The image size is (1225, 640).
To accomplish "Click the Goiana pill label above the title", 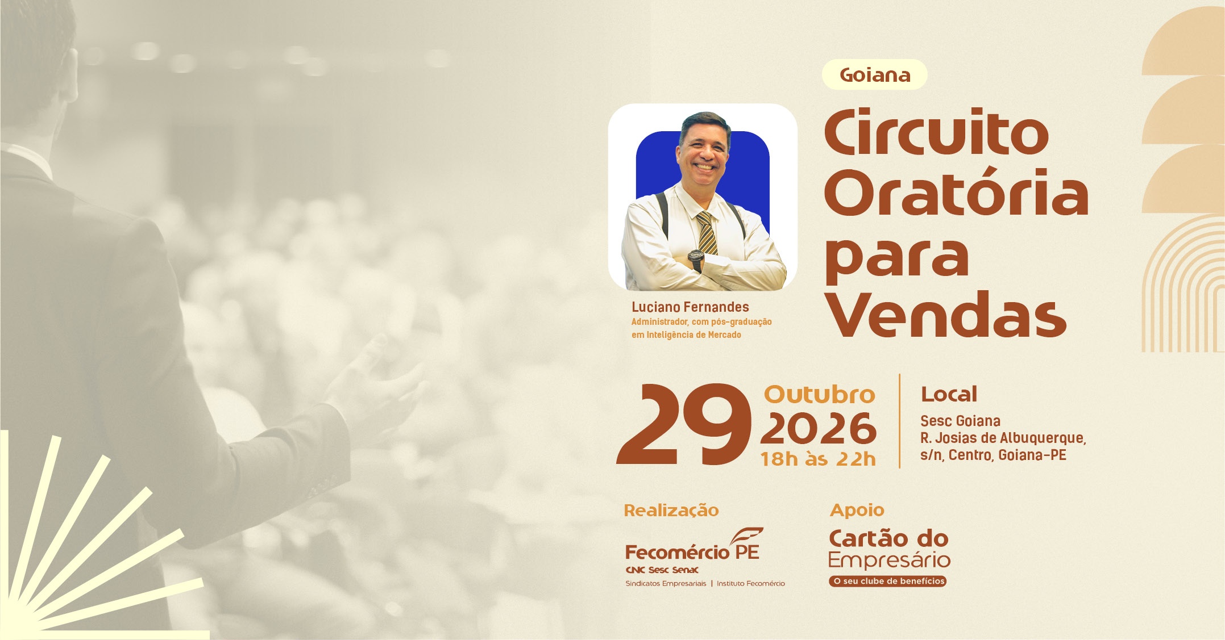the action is [874, 74].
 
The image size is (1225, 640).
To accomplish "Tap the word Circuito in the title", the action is [936, 132].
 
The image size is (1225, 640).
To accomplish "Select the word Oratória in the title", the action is [956, 191].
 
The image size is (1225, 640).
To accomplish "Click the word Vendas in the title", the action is [946, 314].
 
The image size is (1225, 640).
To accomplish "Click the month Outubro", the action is [819, 394].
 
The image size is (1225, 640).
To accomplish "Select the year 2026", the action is [819, 429].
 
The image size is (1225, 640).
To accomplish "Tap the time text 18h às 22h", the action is [818, 459].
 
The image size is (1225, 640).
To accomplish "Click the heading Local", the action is [949, 394].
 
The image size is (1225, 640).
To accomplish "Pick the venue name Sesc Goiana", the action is [960, 421].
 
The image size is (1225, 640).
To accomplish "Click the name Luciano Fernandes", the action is [690, 307].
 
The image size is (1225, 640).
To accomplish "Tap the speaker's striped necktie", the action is [707, 233].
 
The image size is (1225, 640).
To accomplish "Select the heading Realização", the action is [671, 511].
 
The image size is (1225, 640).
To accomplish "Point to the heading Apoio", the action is [857, 510].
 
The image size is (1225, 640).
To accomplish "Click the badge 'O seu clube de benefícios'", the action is [887, 581].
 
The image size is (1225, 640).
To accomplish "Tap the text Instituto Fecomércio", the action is [751, 584].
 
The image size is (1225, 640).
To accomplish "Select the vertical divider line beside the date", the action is [899, 421].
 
